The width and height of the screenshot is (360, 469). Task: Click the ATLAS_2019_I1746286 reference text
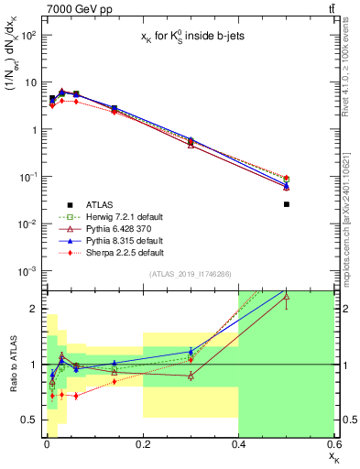point(190,274)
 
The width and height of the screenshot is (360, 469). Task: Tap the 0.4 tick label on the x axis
point(238,445)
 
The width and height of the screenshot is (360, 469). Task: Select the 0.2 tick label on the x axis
point(143,445)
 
